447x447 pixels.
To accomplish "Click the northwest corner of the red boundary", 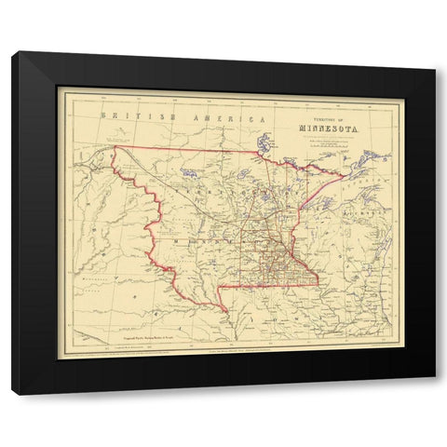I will (114, 146).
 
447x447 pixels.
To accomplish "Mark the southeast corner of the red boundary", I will (317, 284).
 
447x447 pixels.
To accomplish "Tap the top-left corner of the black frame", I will (12, 52).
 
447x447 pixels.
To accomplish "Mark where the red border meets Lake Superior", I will (346, 175).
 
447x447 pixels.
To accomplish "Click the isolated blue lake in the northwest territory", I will (188, 172).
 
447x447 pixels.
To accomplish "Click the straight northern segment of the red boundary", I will (186, 149).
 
